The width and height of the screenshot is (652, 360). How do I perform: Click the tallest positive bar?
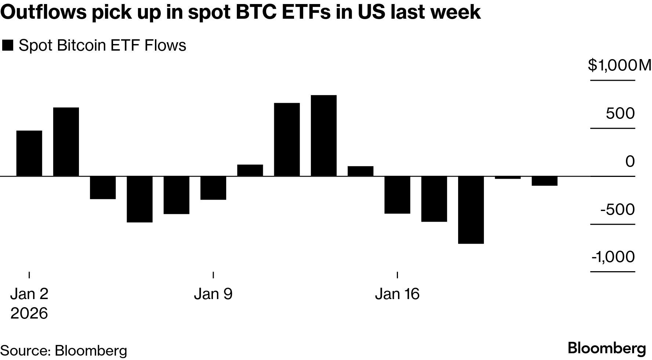(x=323, y=135)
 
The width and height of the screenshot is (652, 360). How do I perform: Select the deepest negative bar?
(x=471, y=210)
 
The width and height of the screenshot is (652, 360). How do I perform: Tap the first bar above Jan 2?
(x=29, y=153)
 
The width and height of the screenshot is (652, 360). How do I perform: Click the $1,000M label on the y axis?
(x=619, y=66)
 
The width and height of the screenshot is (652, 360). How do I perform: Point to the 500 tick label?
(x=620, y=114)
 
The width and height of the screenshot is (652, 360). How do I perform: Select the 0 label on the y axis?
(x=630, y=161)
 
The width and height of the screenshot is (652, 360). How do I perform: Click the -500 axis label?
(x=617, y=210)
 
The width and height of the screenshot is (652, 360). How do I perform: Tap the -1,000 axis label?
(x=613, y=257)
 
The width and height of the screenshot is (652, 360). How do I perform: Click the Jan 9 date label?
(x=213, y=294)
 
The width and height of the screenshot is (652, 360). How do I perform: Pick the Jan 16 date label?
(x=397, y=294)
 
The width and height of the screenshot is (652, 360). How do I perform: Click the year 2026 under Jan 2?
(x=29, y=313)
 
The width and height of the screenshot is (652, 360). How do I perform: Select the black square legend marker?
(x=8, y=46)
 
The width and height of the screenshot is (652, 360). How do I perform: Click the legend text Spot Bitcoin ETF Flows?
(x=102, y=46)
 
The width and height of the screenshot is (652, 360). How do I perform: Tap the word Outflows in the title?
(x=44, y=12)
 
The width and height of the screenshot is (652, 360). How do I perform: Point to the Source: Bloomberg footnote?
(x=64, y=351)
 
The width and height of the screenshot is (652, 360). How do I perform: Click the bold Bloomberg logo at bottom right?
(x=607, y=349)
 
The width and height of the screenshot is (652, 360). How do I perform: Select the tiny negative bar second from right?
(x=508, y=178)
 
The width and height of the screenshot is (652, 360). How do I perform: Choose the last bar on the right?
(x=544, y=181)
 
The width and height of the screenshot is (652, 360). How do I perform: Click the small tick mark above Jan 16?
(x=398, y=275)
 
